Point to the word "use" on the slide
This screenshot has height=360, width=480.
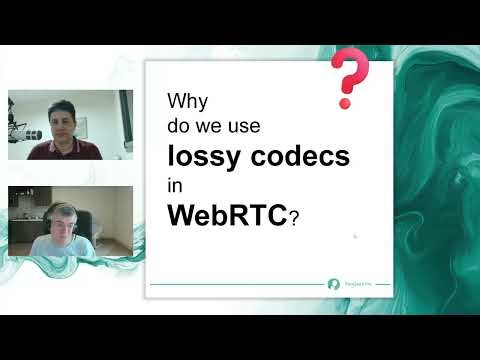[240, 127]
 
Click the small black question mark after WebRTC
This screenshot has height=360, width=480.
[293, 219]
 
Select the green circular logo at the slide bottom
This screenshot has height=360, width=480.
[334, 284]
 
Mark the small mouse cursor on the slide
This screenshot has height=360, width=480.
[355, 237]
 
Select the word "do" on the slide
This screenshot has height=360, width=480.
[178, 127]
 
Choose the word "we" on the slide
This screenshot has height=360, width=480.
[207, 127]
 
